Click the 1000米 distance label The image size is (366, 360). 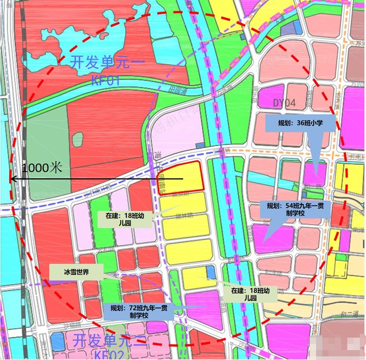(42, 168)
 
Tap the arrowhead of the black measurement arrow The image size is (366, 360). (14, 179)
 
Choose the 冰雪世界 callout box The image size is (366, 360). (77, 272)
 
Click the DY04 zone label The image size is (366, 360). (284, 104)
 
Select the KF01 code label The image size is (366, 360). (106, 81)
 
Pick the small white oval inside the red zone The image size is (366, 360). (77, 139)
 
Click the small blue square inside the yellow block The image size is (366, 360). (211, 272)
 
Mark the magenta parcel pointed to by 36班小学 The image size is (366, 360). (315, 174)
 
